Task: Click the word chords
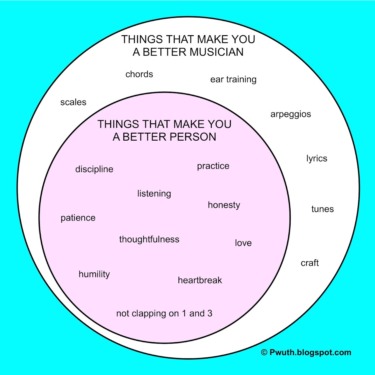point(139,74)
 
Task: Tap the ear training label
point(233,79)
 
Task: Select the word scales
point(73,102)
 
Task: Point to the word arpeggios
point(291,114)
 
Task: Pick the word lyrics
point(317,158)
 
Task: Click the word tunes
point(323,209)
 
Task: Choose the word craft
point(310,263)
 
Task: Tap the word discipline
point(94,169)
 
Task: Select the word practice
point(213,166)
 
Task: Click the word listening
point(154,194)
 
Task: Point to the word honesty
point(224,205)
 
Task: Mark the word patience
point(78,218)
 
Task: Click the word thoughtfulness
point(149,239)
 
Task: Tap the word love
point(243,243)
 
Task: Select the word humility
point(94,274)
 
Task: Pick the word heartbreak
point(200,280)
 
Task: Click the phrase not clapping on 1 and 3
point(164,313)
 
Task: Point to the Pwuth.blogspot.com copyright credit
point(306,352)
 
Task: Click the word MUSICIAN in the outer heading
point(217,52)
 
